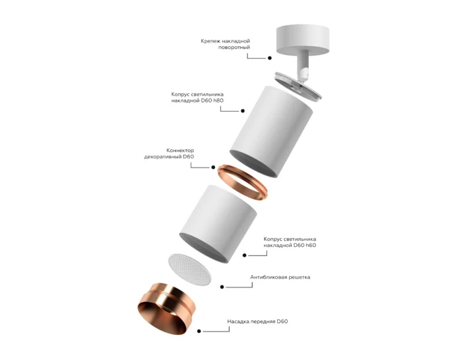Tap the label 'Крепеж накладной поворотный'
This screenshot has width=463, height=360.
[x=226, y=44]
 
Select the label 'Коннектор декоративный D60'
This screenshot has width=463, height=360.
[x=169, y=154]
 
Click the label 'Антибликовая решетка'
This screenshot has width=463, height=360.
[x=280, y=277]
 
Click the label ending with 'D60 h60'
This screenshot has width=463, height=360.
[x=290, y=242]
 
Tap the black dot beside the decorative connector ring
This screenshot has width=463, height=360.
[x=213, y=168]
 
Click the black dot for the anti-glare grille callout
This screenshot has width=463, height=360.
[x=221, y=287]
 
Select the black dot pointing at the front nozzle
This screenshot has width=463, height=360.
[x=202, y=331]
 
